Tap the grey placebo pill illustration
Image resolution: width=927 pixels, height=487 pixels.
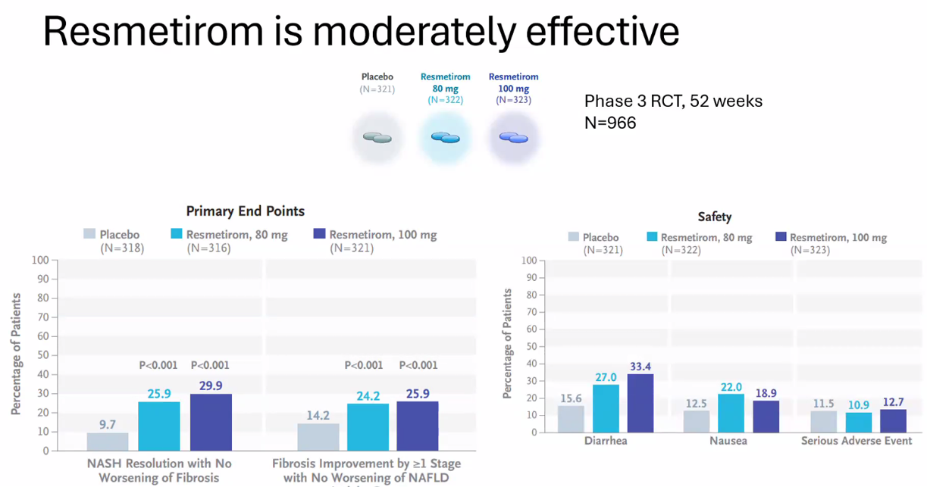click(377, 137)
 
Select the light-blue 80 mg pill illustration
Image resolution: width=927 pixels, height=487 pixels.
click(445, 137)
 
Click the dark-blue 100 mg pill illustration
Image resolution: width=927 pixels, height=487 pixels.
click(513, 137)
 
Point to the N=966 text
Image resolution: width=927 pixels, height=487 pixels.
click(610, 122)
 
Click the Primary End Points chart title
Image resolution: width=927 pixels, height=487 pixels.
click(246, 211)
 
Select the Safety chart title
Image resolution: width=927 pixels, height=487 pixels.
click(715, 217)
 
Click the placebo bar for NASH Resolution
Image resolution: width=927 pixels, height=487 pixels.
click(107, 442)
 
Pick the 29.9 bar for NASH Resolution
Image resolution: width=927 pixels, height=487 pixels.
click(211, 422)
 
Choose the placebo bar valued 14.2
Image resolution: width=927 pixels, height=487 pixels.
click(318, 437)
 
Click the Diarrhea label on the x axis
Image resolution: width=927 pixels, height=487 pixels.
click(606, 440)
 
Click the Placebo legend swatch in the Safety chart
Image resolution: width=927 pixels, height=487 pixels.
click(573, 238)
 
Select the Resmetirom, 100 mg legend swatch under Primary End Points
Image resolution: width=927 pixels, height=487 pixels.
click(319, 235)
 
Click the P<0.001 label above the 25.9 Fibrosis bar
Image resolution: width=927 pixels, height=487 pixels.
click(418, 365)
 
